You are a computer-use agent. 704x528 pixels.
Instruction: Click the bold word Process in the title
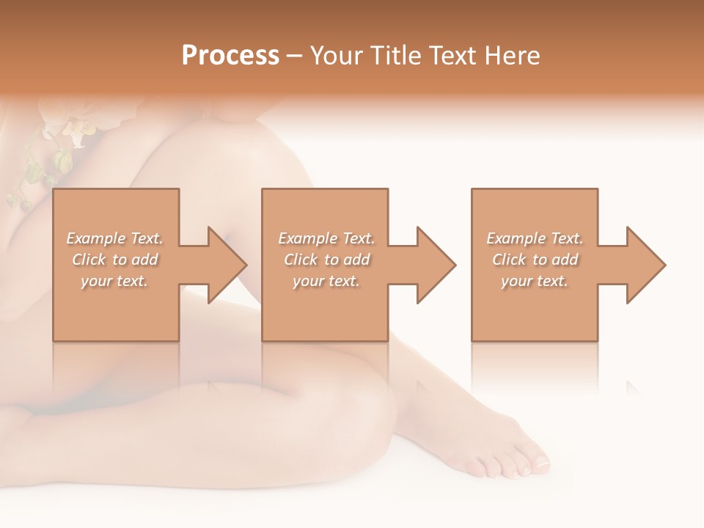(230, 56)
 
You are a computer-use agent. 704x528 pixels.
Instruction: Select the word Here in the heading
(513, 56)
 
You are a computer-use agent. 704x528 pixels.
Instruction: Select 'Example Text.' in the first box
(114, 238)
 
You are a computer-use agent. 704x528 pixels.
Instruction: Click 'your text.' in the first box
(114, 281)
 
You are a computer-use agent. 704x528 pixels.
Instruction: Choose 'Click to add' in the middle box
(326, 260)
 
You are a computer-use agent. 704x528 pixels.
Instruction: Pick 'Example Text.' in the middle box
(326, 238)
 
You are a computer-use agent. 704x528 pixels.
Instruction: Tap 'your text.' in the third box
(535, 281)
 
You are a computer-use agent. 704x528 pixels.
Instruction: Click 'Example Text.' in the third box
(535, 238)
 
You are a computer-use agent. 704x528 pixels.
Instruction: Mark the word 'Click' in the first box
(89, 260)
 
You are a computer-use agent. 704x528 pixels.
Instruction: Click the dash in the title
(294, 56)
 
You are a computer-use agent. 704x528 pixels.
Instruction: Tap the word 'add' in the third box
(562, 260)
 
